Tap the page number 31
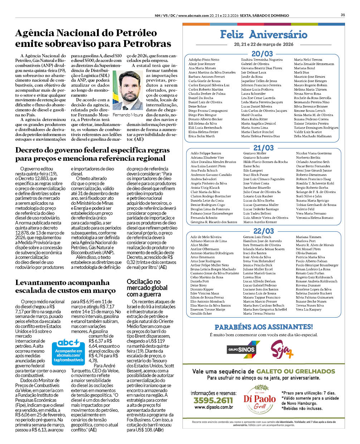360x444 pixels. (342, 15)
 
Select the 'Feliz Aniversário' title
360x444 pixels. (263, 35)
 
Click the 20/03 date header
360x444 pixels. (262, 54)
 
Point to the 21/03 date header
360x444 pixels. (263, 148)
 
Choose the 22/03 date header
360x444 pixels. (263, 231)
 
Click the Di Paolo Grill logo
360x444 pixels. (260, 399)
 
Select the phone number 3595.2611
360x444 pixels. (213, 400)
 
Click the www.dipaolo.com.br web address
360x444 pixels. (214, 407)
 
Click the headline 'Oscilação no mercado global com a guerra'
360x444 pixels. (147, 288)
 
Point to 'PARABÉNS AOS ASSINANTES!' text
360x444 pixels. (263, 327)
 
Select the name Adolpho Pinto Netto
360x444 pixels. (204, 60)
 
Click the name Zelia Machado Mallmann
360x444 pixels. (312, 136)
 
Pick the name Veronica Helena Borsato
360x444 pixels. (314, 218)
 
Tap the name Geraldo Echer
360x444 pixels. (201, 314)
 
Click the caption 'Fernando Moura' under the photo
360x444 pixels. (128, 115)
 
